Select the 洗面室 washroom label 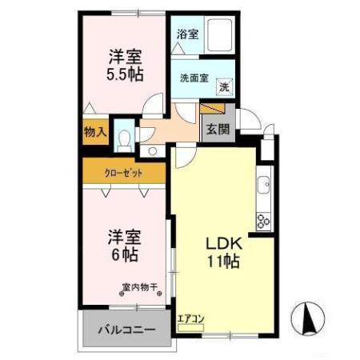point(194,78)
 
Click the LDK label point(220,243)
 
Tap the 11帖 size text point(220,262)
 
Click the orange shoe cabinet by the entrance point(212,108)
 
